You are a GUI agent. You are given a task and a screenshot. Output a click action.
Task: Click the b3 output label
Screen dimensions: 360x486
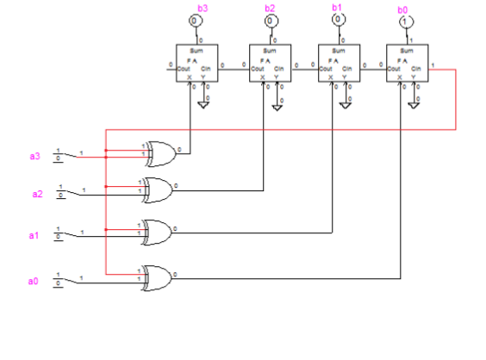[x=202, y=8]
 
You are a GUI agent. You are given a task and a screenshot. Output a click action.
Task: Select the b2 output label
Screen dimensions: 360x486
[x=271, y=8]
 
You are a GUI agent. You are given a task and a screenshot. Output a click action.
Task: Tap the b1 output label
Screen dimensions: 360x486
[x=337, y=7]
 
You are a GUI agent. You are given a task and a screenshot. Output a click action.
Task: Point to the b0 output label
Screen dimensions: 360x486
[x=402, y=9]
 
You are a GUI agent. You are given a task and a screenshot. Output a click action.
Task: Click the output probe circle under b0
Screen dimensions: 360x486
[x=404, y=21]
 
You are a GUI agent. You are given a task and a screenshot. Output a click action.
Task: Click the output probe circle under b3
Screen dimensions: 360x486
[x=196, y=19]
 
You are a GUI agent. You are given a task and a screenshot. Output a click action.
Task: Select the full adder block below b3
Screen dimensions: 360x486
[x=196, y=64]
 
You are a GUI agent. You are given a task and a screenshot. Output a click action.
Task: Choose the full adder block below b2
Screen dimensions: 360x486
[x=270, y=64]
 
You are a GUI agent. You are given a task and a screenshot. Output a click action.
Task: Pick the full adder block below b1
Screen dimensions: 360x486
[x=338, y=64]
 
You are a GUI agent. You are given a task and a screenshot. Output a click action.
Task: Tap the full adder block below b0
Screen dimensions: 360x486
[x=405, y=64]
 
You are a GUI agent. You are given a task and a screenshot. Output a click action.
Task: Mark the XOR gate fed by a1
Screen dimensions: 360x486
[x=158, y=232]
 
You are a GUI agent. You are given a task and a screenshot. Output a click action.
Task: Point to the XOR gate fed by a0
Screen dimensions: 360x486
[x=158, y=276]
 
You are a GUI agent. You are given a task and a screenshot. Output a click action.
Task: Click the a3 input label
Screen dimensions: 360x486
[x=34, y=156]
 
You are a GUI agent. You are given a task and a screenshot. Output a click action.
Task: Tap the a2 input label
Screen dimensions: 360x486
[x=37, y=194]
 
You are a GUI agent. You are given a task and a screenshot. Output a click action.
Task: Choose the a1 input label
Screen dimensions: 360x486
[x=34, y=234]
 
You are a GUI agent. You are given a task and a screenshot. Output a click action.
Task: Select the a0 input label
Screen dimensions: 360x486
[x=34, y=280]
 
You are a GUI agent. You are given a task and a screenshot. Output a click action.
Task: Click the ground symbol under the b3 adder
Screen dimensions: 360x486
[x=205, y=104]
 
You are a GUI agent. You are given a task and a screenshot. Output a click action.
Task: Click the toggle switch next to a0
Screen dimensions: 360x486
[x=64, y=278]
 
